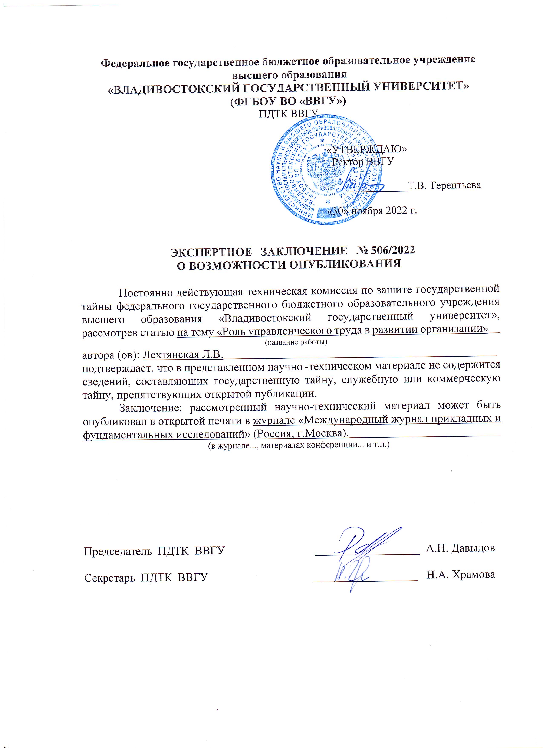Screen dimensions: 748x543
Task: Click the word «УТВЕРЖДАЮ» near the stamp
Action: [x=366, y=149]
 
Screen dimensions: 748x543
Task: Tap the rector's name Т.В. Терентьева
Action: [x=444, y=185]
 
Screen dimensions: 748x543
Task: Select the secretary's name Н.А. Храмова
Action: [x=461, y=574]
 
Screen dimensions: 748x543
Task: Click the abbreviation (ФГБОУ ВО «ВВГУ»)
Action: [x=288, y=101]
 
